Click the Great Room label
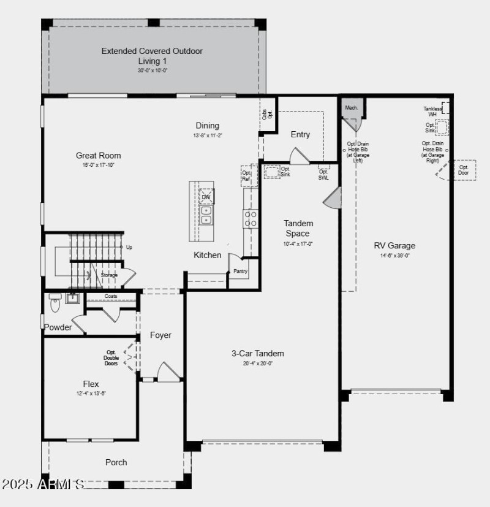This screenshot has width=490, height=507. (98, 156)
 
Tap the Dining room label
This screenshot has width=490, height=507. (207, 126)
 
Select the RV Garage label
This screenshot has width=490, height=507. (394, 246)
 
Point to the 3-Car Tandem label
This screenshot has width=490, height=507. (257, 353)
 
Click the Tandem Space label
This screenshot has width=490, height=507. (298, 228)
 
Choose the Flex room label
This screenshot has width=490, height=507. (91, 384)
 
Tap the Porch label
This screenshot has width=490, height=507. (116, 462)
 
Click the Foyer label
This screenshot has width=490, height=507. (160, 335)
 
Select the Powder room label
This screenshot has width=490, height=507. (58, 327)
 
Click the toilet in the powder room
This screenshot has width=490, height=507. (55, 301)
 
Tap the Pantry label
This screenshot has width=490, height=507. (240, 271)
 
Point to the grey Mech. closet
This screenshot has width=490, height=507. (352, 108)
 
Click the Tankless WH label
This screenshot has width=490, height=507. (432, 111)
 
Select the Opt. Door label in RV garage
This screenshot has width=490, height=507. (464, 170)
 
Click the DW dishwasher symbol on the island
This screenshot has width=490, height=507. (206, 197)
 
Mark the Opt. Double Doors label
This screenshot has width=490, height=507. (111, 357)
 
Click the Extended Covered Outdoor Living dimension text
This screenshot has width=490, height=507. (152, 71)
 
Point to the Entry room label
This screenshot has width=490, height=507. (300, 134)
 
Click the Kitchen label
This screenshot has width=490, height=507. (208, 255)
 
